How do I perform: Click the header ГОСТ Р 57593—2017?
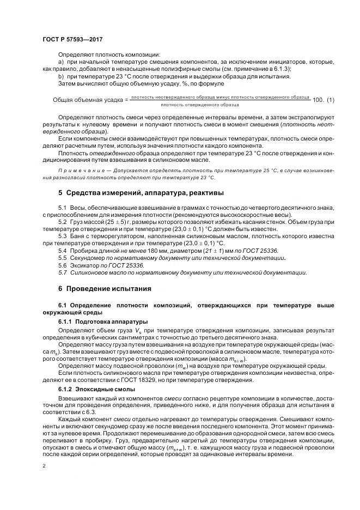click(72, 40)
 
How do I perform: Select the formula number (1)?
click(328, 100)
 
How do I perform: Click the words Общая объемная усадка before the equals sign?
click(87, 100)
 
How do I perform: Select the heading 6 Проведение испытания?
click(105, 288)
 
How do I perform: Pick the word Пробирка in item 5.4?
click(84, 250)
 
